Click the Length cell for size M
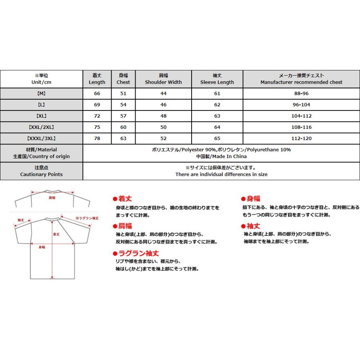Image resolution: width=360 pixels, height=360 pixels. tap(97, 94)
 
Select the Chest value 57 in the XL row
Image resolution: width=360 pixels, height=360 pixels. tap(123, 116)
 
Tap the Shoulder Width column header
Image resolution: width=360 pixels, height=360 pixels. tap(163, 79)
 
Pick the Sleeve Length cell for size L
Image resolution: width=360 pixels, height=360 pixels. tap(217, 105)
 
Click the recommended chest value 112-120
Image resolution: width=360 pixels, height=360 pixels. tap(301, 139)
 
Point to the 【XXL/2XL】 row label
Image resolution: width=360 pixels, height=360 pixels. tap(41, 127)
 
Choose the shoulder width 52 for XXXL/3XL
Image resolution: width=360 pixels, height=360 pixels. tap(163, 139)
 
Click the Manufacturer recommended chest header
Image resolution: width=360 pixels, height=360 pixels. tap(301, 79)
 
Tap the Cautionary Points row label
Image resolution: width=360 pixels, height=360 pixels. tap(41, 171)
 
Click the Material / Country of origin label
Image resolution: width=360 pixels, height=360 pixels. tap(41, 153)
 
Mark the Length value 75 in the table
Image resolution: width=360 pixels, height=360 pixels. tap(97, 127)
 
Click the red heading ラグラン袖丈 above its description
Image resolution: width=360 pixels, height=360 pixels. tap(138, 253)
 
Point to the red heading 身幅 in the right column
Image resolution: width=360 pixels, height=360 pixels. tap(253, 199)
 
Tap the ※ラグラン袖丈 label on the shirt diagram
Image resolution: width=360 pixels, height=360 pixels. tap(87, 218)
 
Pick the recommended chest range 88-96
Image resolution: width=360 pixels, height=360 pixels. tap(301, 94)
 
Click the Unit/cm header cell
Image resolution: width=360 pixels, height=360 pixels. tap(41, 79)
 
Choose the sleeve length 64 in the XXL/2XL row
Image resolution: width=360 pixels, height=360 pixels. tap(217, 127)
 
